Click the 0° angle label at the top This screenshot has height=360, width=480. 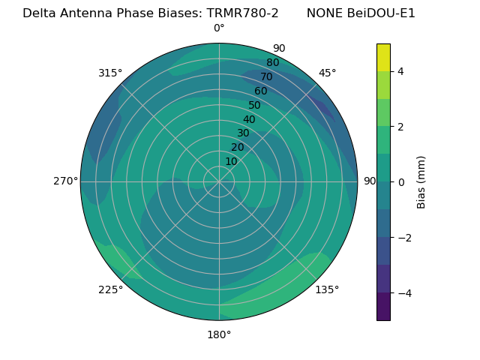tap(219, 28)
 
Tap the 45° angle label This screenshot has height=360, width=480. tap(327, 73)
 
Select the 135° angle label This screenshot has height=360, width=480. tap(327, 289)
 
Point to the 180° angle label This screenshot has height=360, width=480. tap(219, 334)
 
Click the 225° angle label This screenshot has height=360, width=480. tap(110, 289)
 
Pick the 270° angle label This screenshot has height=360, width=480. tap(65, 181)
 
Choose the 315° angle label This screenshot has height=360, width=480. tap(110, 73)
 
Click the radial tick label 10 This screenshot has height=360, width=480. tap(231, 161)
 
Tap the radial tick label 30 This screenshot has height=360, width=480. tap(243, 133)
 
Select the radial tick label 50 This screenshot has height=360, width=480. tap(255, 106)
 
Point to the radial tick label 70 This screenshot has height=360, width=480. tap(266, 77)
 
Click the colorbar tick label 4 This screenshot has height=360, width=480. tap(400, 71)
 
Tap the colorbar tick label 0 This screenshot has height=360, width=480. tap(400, 181)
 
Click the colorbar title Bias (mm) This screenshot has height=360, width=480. tap(421, 181)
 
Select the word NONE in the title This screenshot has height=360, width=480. tap(323, 13)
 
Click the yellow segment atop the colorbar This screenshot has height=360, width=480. tap(383, 57)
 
